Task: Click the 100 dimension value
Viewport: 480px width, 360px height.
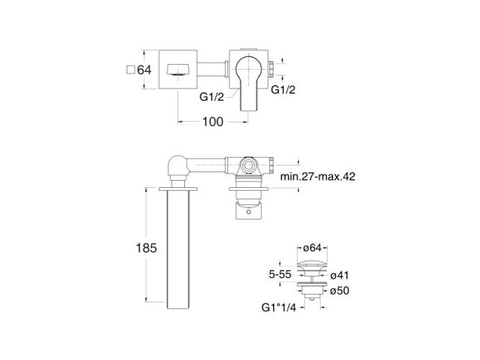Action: click(x=213, y=122)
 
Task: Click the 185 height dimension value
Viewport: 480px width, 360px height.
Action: click(x=146, y=248)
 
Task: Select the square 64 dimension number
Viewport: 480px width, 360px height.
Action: click(x=144, y=70)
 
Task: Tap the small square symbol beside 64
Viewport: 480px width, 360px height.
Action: click(x=131, y=70)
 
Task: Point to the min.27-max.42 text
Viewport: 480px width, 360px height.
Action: click(x=318, y=176)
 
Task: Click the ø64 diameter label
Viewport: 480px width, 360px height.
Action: click(x=312, y=248)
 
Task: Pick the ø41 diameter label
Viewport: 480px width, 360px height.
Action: click(x=340, y=275)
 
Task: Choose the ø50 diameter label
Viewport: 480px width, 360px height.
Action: click(x=340, y=290)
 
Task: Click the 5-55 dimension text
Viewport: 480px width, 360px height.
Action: click(x=280, y=274)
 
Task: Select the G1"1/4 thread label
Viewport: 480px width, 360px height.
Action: click(x=279, y=307)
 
